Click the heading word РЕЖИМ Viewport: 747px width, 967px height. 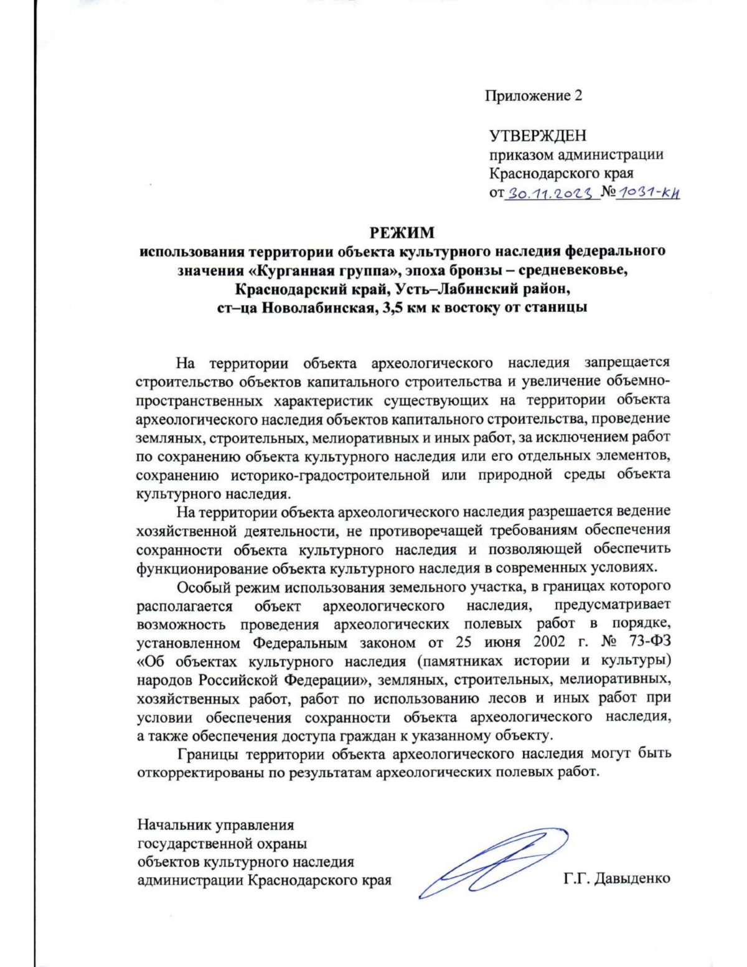click(x=402, y=233)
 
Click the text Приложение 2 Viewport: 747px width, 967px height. click(x=533, y=96)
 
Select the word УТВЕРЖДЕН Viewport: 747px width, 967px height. click(x=538, y=135)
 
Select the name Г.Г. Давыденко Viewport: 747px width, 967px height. click(x=617, y=879)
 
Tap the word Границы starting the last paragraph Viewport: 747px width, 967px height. click(x=209, y=753)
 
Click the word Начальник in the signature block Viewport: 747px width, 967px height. click(x=174, y=826)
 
